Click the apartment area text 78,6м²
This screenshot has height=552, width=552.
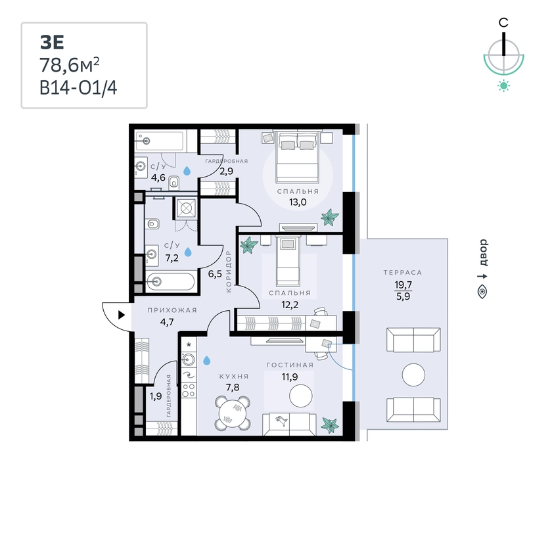[70, 65]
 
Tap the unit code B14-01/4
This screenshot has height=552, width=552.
[78, 87]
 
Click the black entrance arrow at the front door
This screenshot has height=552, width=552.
[122, 315]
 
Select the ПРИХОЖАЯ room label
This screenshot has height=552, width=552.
[172, 310]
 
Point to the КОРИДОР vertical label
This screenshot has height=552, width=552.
[229, 271]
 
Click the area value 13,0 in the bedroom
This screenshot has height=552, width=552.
[298, 202]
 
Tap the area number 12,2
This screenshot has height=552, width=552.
[290, 304]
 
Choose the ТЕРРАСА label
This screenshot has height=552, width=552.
[403, 272]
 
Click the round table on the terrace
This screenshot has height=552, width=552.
[413, 375]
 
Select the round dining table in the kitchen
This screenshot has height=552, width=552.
[233, 413]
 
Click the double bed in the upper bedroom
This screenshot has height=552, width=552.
[297, 156]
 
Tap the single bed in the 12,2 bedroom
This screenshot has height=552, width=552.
[288, 261]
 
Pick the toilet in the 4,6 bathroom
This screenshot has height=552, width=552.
[174, 182]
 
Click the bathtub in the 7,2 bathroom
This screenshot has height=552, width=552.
[170, 281]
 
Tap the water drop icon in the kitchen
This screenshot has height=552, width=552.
[206, 360]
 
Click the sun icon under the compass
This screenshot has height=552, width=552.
[504, 86]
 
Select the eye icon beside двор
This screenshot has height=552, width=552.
[482, 292]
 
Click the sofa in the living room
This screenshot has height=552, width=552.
[289, 424]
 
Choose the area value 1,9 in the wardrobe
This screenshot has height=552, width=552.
[156, 396]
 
